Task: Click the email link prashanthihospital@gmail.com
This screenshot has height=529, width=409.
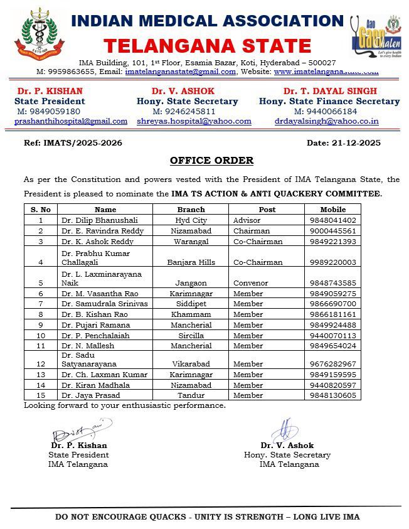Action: coord(71,121)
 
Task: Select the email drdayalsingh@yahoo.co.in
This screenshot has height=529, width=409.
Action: coord(326,121)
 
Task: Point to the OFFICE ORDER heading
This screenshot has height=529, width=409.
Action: coord(211,161)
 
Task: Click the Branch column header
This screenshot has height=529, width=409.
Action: coord(191,210)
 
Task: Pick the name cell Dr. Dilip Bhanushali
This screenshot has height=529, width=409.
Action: coord(95,220)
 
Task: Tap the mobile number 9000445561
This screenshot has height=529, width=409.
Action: coord(332,231)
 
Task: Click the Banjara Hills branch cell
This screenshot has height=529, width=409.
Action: coord(191,262)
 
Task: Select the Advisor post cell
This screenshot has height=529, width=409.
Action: coord(248,220)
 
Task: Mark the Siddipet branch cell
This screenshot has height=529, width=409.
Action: coord(191,304)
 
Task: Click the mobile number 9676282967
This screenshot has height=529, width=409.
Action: coord(332,364)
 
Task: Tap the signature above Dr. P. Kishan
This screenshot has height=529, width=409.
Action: coord(80,431)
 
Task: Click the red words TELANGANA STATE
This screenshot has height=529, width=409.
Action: coord(207,46)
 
